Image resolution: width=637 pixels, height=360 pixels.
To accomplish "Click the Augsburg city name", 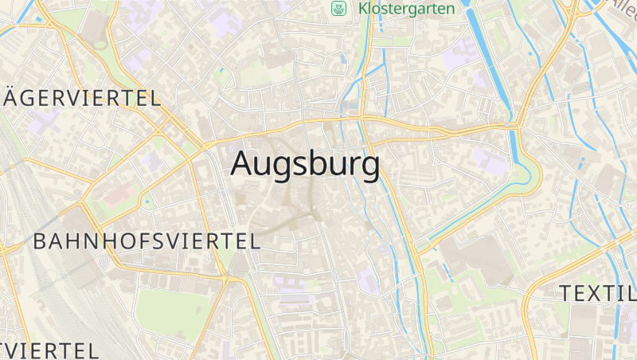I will click(x=305, y=164).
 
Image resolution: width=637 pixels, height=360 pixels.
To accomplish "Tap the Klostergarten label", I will click(x=406, y=9).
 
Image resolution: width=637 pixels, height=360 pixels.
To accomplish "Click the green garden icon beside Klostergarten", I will click(x=339, y=9).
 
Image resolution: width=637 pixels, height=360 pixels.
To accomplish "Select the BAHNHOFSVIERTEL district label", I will click(x=147, y=241).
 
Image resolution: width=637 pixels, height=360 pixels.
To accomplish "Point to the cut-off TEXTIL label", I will click(x=598, y=292).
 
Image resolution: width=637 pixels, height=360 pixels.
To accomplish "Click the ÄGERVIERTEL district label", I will click(x=82, y=98).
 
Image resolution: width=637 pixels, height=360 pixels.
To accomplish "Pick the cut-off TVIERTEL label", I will click(x=49, y=350).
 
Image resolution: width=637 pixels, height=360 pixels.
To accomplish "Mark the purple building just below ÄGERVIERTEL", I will click(x=44, y=120).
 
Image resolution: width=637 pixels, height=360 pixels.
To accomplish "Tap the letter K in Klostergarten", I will click(x=365, y=9).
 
